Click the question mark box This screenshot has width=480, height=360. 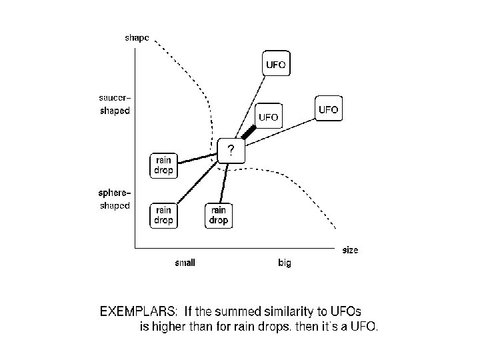click(x=231, y=151)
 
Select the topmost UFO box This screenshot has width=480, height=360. click(x=276, y=65)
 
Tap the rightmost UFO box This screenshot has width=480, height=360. click(x=328, y=109)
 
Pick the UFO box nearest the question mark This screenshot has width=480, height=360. click(x=268, y=117)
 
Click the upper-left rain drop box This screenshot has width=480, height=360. click(x=164, y=165)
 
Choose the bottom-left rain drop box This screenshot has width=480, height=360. click(x=164, y=215)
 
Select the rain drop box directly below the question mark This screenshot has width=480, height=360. click(x=218, y=215)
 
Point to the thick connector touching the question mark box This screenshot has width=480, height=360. click(x=248, y=133)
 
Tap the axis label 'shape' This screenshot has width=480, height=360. click(x=138, y=37)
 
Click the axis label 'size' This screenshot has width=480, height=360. click(x=350, y=251)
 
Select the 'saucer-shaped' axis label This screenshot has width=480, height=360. click(x=115, y=105)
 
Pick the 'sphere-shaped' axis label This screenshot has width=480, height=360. click(x=115, y=200)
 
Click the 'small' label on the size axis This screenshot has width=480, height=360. click(x=185, y=263)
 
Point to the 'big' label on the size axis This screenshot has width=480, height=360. click(x=285, y=263)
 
